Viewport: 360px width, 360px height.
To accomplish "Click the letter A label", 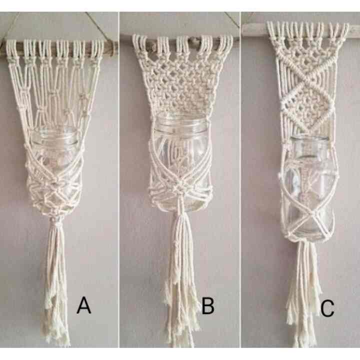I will click(84, 305).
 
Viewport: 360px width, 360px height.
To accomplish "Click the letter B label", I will click(207, 305).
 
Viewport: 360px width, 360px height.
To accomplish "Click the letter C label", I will click(327, 309).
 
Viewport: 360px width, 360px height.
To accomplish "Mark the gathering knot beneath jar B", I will click(178, 212).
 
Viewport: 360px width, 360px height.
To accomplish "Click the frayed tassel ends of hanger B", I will click(180, 320).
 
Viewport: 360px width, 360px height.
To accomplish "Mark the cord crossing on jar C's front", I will click(306, 215).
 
